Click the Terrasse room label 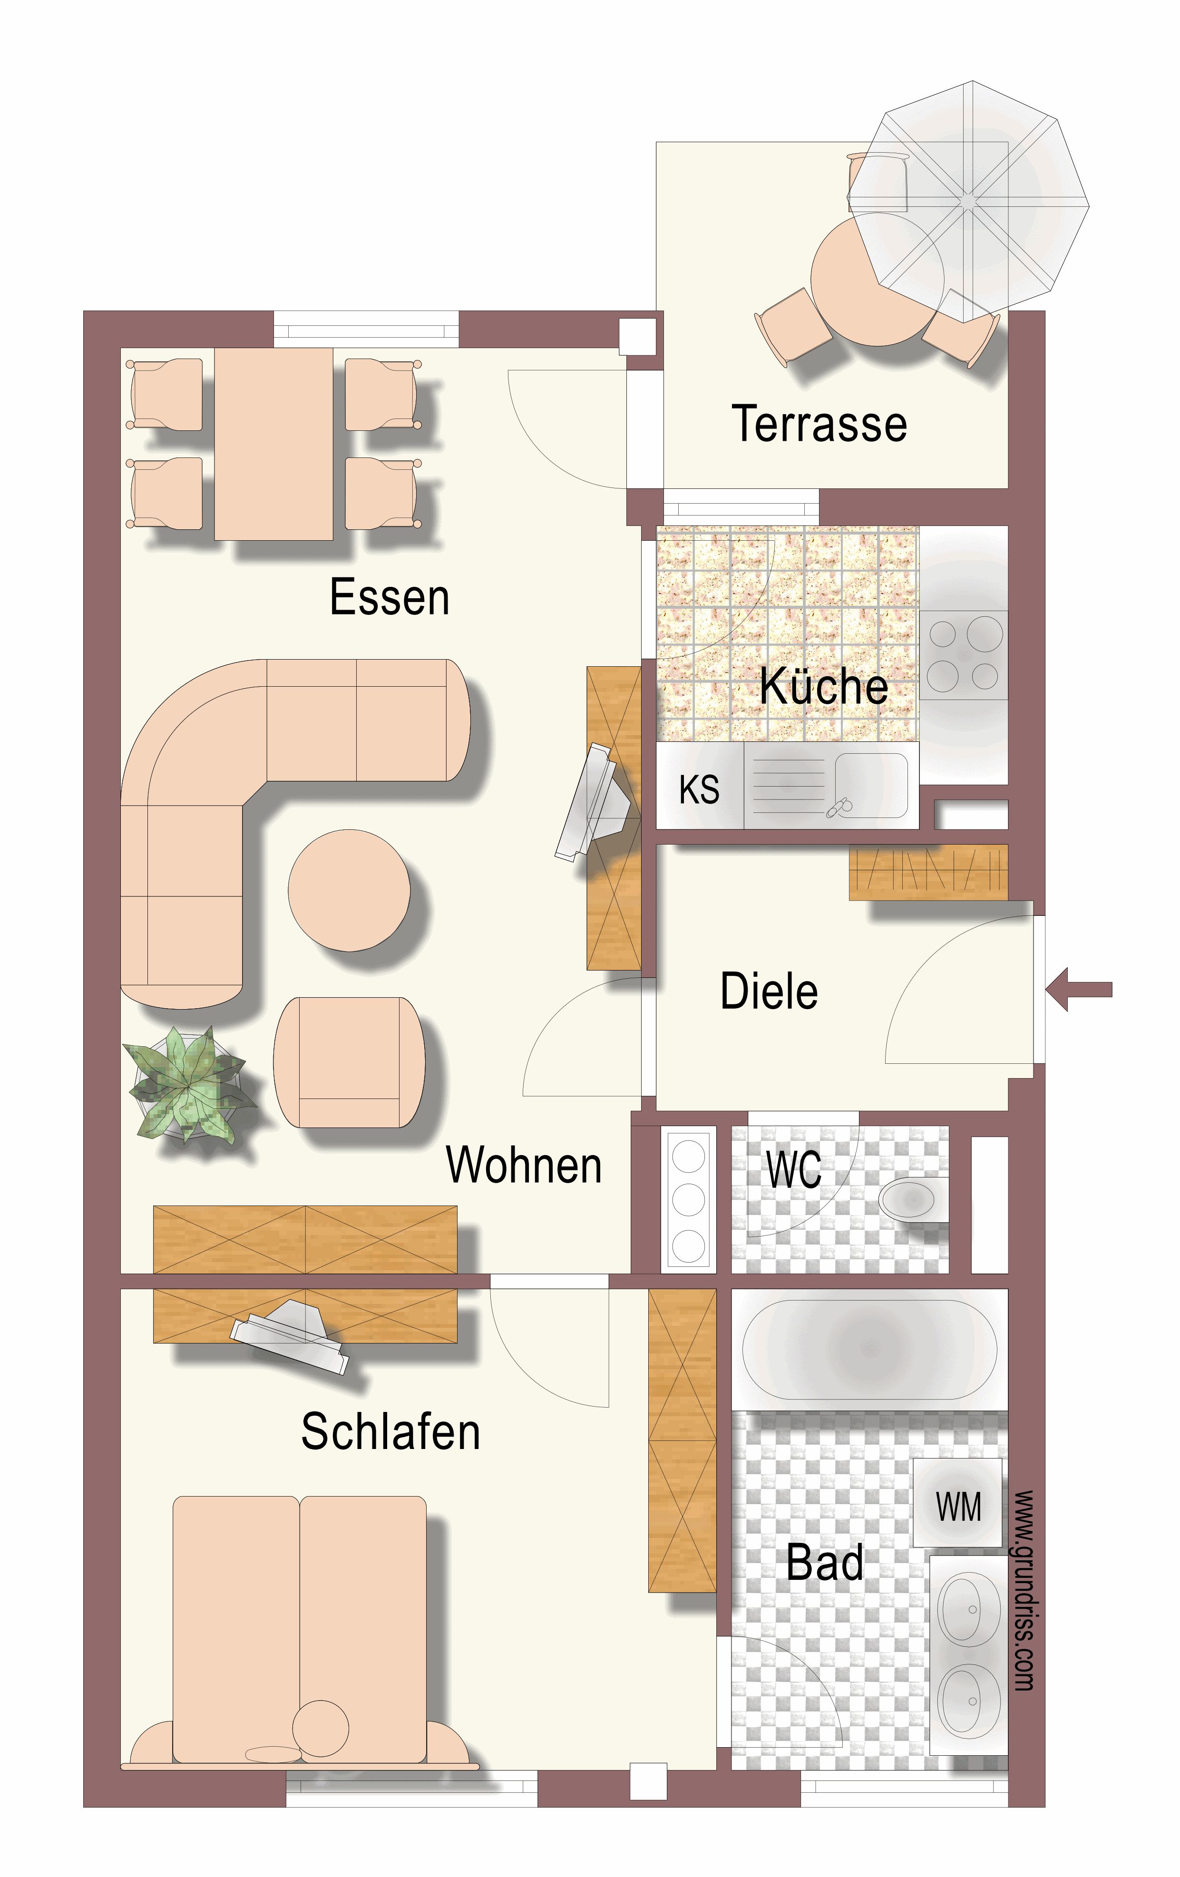pyautogui.click(x=819, y=424)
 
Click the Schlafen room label pyautogui.click(x=390, y=1431)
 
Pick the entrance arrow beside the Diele pyautogui.click(x=1079, y=989)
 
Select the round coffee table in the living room pyautogui.click(x=349, y=890)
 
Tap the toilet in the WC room pyautogui.click(x=914, y=1199)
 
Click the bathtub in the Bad pyautogui.click(x=869, y=1349)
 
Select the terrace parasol pyautogui.click(x=968, y=201)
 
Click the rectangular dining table pyautogui.click(x=273, y=444)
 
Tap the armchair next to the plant pyautogui.click(x=349, y=1061)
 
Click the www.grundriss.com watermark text pyautogui.click(x=1024, y=1590)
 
